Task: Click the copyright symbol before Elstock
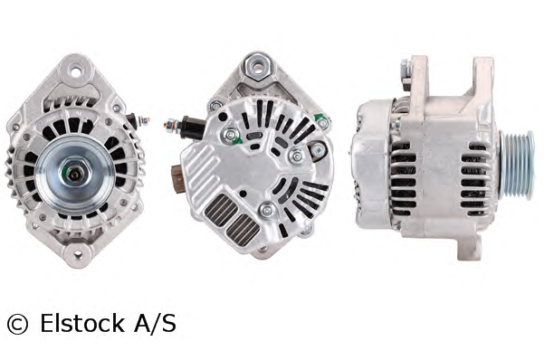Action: pos(17,325)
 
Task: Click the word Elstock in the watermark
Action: pos(82,323)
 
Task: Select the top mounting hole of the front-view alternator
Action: pos(76,72)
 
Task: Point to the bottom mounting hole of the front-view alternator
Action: pos(78,254)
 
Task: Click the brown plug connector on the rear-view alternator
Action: pos(177,175)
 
